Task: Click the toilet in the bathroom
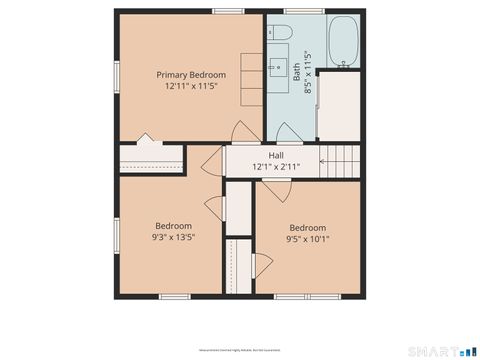278,34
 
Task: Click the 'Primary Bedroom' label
191,75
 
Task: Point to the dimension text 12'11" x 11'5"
191,87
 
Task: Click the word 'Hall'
276,155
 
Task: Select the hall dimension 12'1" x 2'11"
276,166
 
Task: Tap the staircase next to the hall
339,160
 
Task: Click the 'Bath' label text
297,72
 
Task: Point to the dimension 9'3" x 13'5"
172,238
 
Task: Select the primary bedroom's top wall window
227,11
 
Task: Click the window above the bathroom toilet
297,11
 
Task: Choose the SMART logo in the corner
444,351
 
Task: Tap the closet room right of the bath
338,105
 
